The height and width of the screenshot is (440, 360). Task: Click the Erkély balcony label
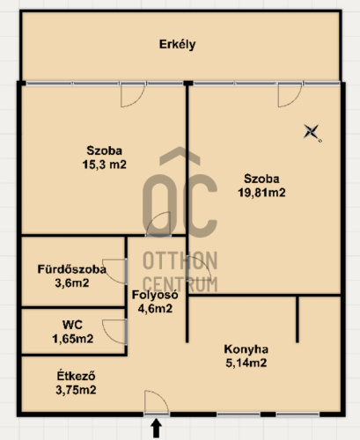tap(177, 45)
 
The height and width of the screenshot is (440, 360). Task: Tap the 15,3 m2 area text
tap(104, 165)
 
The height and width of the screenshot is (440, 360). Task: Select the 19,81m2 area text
tap(261, 193)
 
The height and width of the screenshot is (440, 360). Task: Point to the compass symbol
tap(312, 132)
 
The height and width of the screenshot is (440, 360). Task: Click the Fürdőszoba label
tap(72, 269)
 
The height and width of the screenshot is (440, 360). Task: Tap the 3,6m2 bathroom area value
tap(72, 283)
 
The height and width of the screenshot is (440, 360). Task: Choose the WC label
tap(72, 325)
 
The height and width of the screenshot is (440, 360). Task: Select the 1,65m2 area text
tap(73, 339)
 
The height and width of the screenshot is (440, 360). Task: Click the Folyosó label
tap(155, 295)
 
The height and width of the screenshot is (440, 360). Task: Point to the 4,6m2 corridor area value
tap(155, 308)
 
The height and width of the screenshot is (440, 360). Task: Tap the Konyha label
tap(246, 349)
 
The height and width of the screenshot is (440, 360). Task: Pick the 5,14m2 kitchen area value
tap(246, 363)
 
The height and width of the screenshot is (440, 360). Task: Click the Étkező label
tap(76, 376)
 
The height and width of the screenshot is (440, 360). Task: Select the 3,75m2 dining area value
tap(76, 390)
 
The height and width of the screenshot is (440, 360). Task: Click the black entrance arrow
tap(157, 428)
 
